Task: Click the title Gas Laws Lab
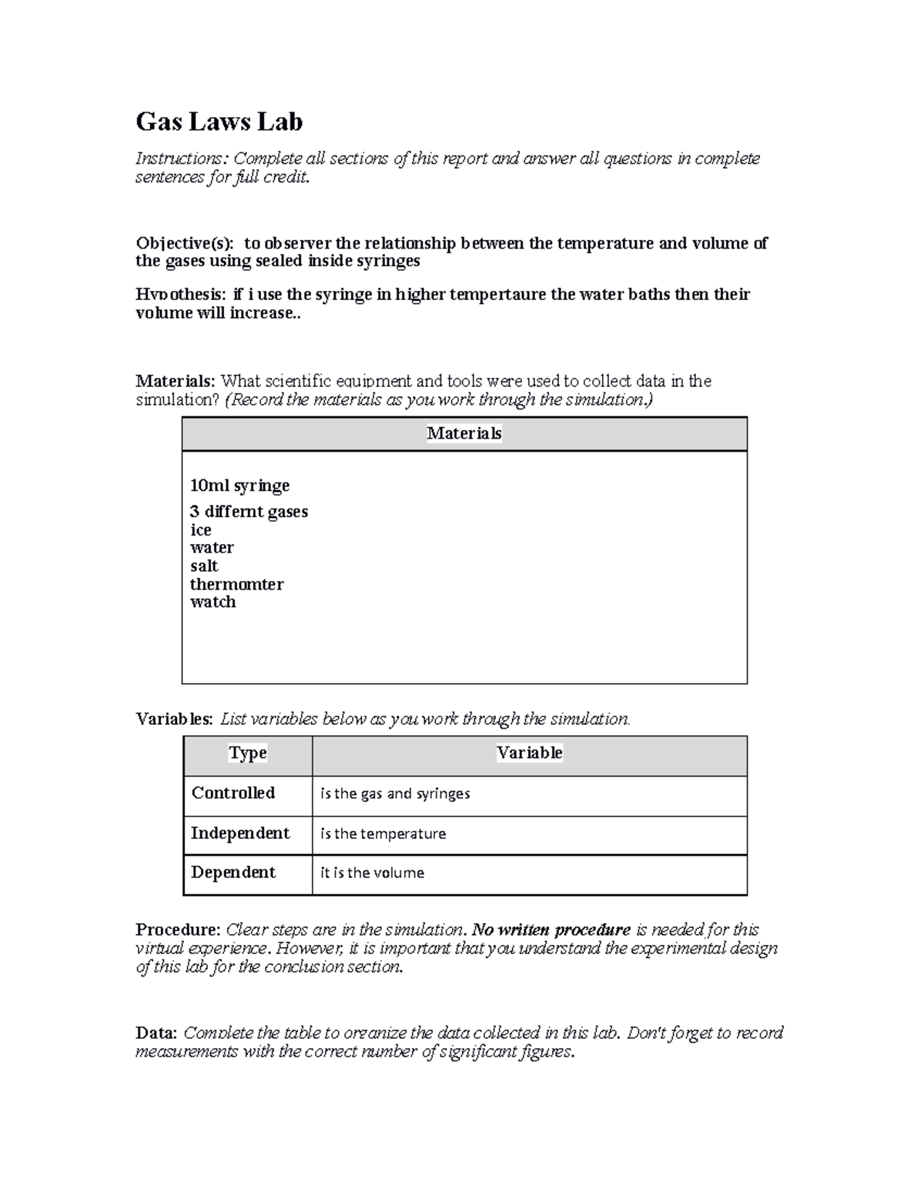click(219, 122)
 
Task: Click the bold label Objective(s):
click(184, 243)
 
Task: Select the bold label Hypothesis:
click(181, 295)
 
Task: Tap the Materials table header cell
click(464, 434)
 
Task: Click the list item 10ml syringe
click(239, 486)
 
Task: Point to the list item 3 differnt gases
click(249, 512)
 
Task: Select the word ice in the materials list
click(200, 530)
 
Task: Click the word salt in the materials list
click(204, 566)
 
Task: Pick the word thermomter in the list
click(236, 585)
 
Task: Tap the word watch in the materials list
click(213, 603)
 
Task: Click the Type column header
click(248, 753)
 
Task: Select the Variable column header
click(529, 753)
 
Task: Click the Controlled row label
click(233, 793)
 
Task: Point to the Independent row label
click(240, 833)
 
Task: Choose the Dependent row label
click(233, 873)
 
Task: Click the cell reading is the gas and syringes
click(395, 794)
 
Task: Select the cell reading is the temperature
click(383, 834)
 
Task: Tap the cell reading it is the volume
click(372, 873)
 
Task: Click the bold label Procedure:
click(178, 930)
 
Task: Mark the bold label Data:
click(156, 1033)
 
